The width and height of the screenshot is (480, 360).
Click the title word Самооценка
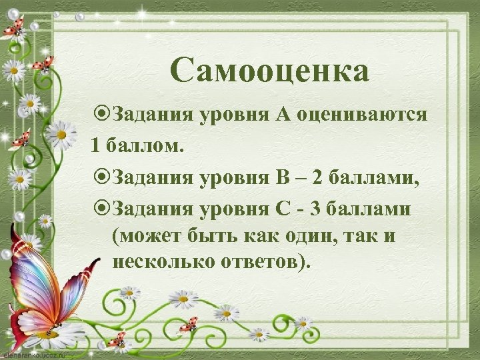click(x=269, y=71)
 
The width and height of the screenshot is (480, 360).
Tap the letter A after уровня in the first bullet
click(x=280, y=114)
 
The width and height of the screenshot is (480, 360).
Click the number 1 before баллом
click(x=97, y=145)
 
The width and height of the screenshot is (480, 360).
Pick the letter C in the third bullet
click(x=282, y=209)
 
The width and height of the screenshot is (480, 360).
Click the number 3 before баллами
click(x=315, y=209)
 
